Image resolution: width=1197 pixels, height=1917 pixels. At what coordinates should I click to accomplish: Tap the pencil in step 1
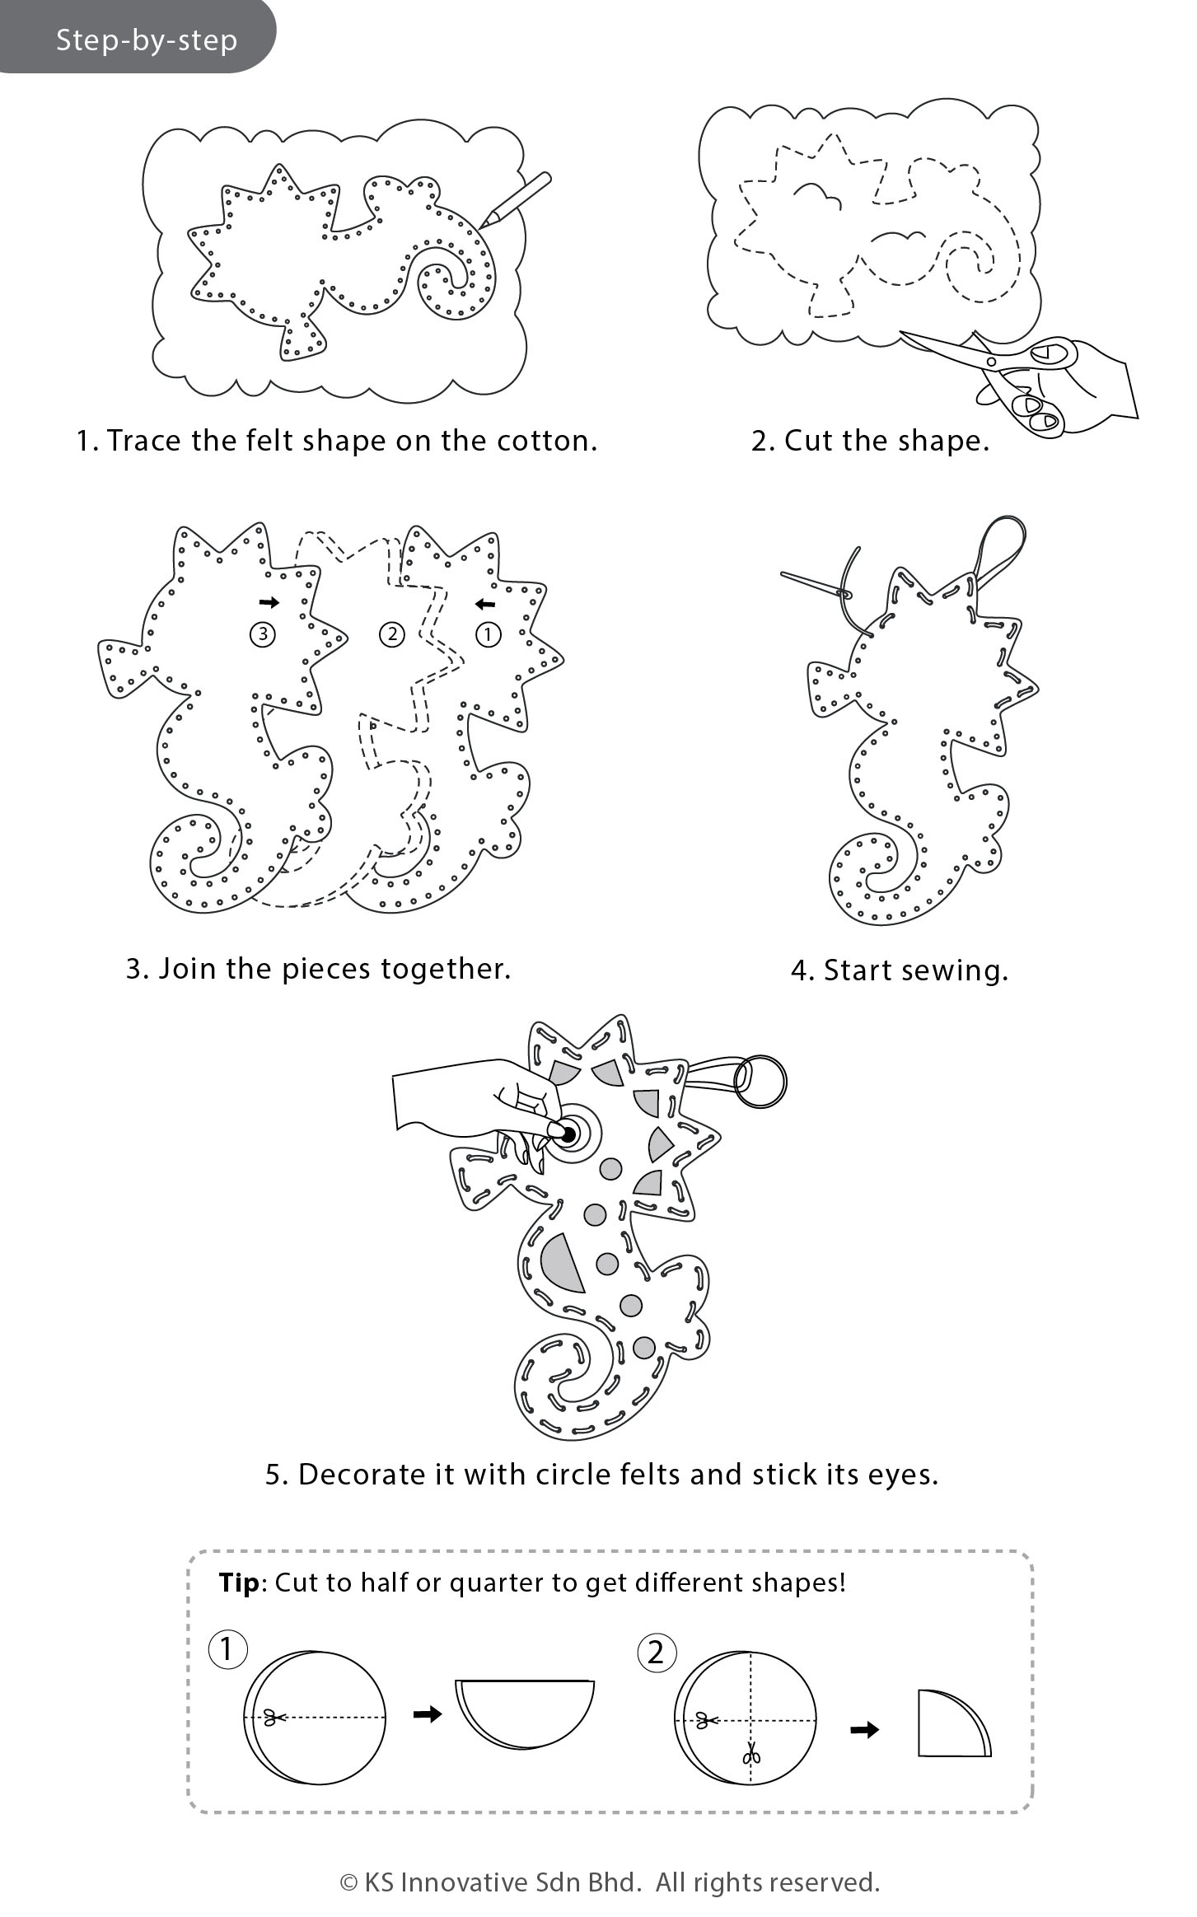pyautogui.click(x=517, y=199)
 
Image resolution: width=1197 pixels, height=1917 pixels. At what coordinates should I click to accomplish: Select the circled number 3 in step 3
pyautogui.click(x=263, y=634)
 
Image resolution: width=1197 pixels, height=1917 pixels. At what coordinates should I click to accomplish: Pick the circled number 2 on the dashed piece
pyautogui.click(x=391, y=634)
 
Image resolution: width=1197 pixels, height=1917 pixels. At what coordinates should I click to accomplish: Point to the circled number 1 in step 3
pyautogui.click(x=489, y=634)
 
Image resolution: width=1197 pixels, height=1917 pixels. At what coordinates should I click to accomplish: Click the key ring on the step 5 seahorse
pyautogui.click(x=760, y=1082)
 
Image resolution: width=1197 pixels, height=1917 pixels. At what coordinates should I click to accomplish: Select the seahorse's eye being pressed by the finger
pyautogui.click(x=568, y=1134)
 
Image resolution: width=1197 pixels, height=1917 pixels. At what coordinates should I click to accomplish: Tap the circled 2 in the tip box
pyautogui.click(x=656, y=1652)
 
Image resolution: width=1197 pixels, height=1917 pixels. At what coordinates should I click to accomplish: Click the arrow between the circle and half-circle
pyautogui.click(x=427, y=1714)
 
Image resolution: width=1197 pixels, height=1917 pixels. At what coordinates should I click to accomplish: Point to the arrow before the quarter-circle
pyautogui.click(x=864, y=1729)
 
